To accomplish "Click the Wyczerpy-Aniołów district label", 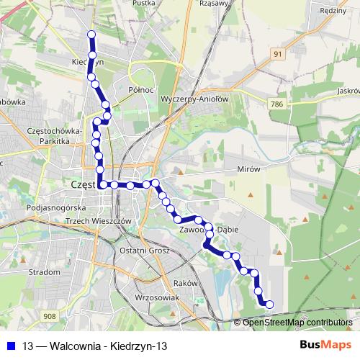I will click(x=194, y=99).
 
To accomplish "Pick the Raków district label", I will click(x=185, y=284).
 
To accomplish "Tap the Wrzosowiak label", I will click(x=156, y=297).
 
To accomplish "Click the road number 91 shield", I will click(x=277, y=53).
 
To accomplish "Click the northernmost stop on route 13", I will click(x=91, y=35).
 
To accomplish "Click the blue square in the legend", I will click(x=12, y=346).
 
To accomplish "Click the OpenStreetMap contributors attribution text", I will click(x=297, y=323).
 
